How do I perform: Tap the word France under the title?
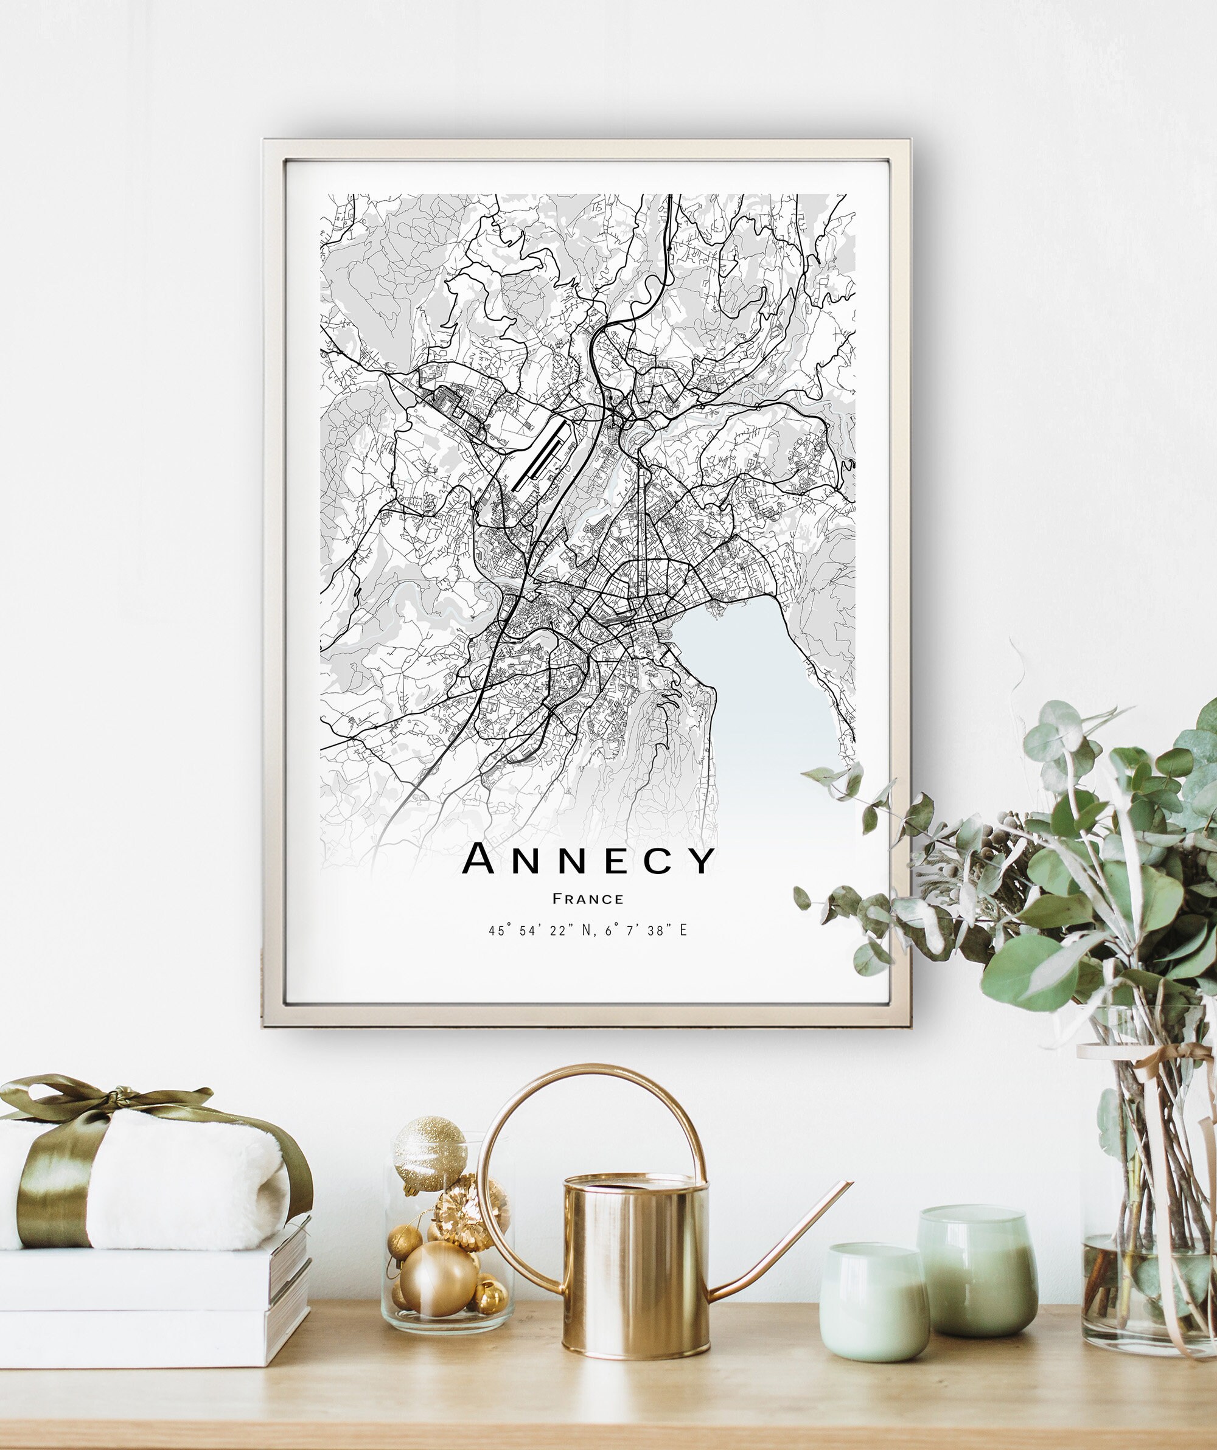coord(588,899)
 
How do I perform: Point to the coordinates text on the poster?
coord(588,931)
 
